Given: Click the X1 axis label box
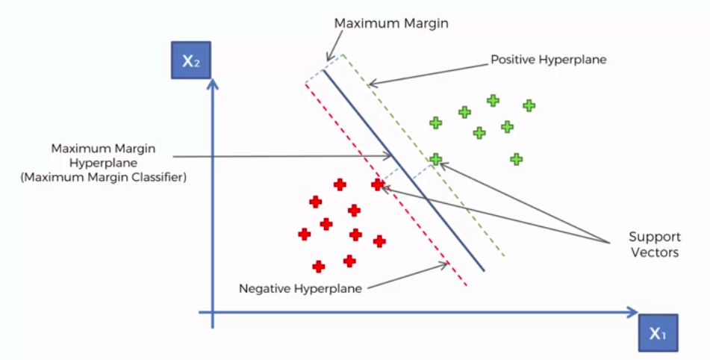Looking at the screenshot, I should click(x=657, y=333).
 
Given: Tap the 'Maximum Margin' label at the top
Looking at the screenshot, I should click(x=391, y=23).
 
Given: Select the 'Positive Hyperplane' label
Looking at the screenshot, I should click(x=548, y=59).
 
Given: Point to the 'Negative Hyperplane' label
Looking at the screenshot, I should click(x=300, y=288).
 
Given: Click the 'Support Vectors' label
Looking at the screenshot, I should click(x=654, y=245).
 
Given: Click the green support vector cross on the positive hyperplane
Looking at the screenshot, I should click(x=435, y=159).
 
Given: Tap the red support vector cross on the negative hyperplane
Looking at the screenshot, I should click(x=378, y=184).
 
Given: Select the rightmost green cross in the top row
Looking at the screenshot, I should click(x=529, y=105).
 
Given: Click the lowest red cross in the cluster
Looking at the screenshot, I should click(x=319, y=266).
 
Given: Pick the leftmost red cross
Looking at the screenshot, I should click(x=305, y=234).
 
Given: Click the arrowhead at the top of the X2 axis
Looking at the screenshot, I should click(x=213, y=84).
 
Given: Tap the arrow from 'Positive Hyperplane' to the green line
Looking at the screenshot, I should click(x=426, y=71).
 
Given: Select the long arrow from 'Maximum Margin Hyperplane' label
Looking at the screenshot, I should click(x=284, y=156).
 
